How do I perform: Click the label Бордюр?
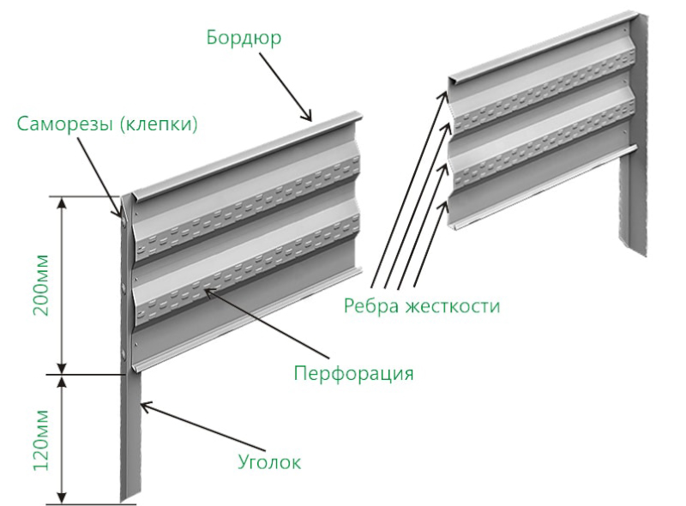[x=244, y=39]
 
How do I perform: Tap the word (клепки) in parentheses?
[x=159, y=124]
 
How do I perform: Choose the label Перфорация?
[x=353, y=374]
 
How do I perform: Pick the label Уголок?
[x=269, y=461]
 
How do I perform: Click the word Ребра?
[x=371, y=305]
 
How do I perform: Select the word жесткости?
[x=453, y=305]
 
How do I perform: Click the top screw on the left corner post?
[x=124, y=222]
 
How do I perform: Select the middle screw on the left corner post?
[x=124, y=287]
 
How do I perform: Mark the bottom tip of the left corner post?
[x=123, y=502]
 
